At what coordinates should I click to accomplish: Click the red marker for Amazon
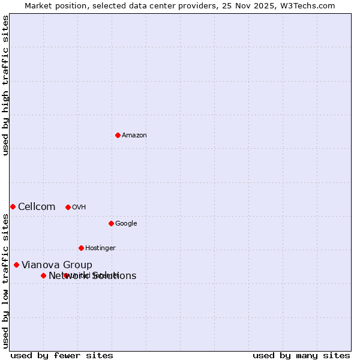[118, 135]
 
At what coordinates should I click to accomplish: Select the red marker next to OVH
[68, 207]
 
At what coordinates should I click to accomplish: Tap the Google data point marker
[111, 223]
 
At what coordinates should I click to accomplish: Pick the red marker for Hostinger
[81, 248]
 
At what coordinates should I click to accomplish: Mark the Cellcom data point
[13, 206]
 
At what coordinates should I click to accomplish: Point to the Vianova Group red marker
[16, 265]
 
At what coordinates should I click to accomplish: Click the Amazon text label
[134, 136]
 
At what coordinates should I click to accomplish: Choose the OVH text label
[79, 208]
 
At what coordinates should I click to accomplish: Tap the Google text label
[126, 224]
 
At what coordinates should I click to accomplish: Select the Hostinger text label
[100, 248]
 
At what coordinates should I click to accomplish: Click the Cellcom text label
[37, 207]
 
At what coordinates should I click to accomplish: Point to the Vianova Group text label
[57, 265]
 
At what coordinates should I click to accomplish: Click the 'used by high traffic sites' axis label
[5, 85]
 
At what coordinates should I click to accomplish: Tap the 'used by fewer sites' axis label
[62, 355]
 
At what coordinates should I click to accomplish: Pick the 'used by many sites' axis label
[301, 355]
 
